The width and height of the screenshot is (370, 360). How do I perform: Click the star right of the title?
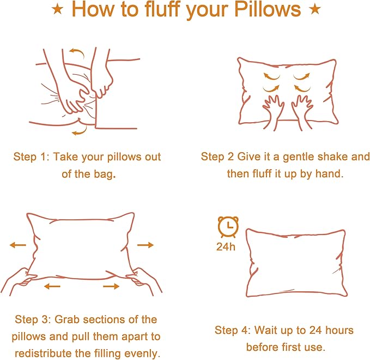(x=314, y=10)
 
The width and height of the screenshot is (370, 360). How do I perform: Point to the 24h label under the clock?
(x=226, y=246)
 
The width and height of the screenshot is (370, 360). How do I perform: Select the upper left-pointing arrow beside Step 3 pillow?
(x=17, y=245)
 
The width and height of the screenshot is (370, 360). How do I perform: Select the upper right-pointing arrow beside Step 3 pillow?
(x=145, y=245)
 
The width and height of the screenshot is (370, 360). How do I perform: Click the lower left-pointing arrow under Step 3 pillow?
(x=52, y=286)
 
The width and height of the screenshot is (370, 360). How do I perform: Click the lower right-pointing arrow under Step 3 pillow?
(x=111, y=286)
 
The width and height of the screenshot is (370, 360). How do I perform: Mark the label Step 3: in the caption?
(x=33, y=320)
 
